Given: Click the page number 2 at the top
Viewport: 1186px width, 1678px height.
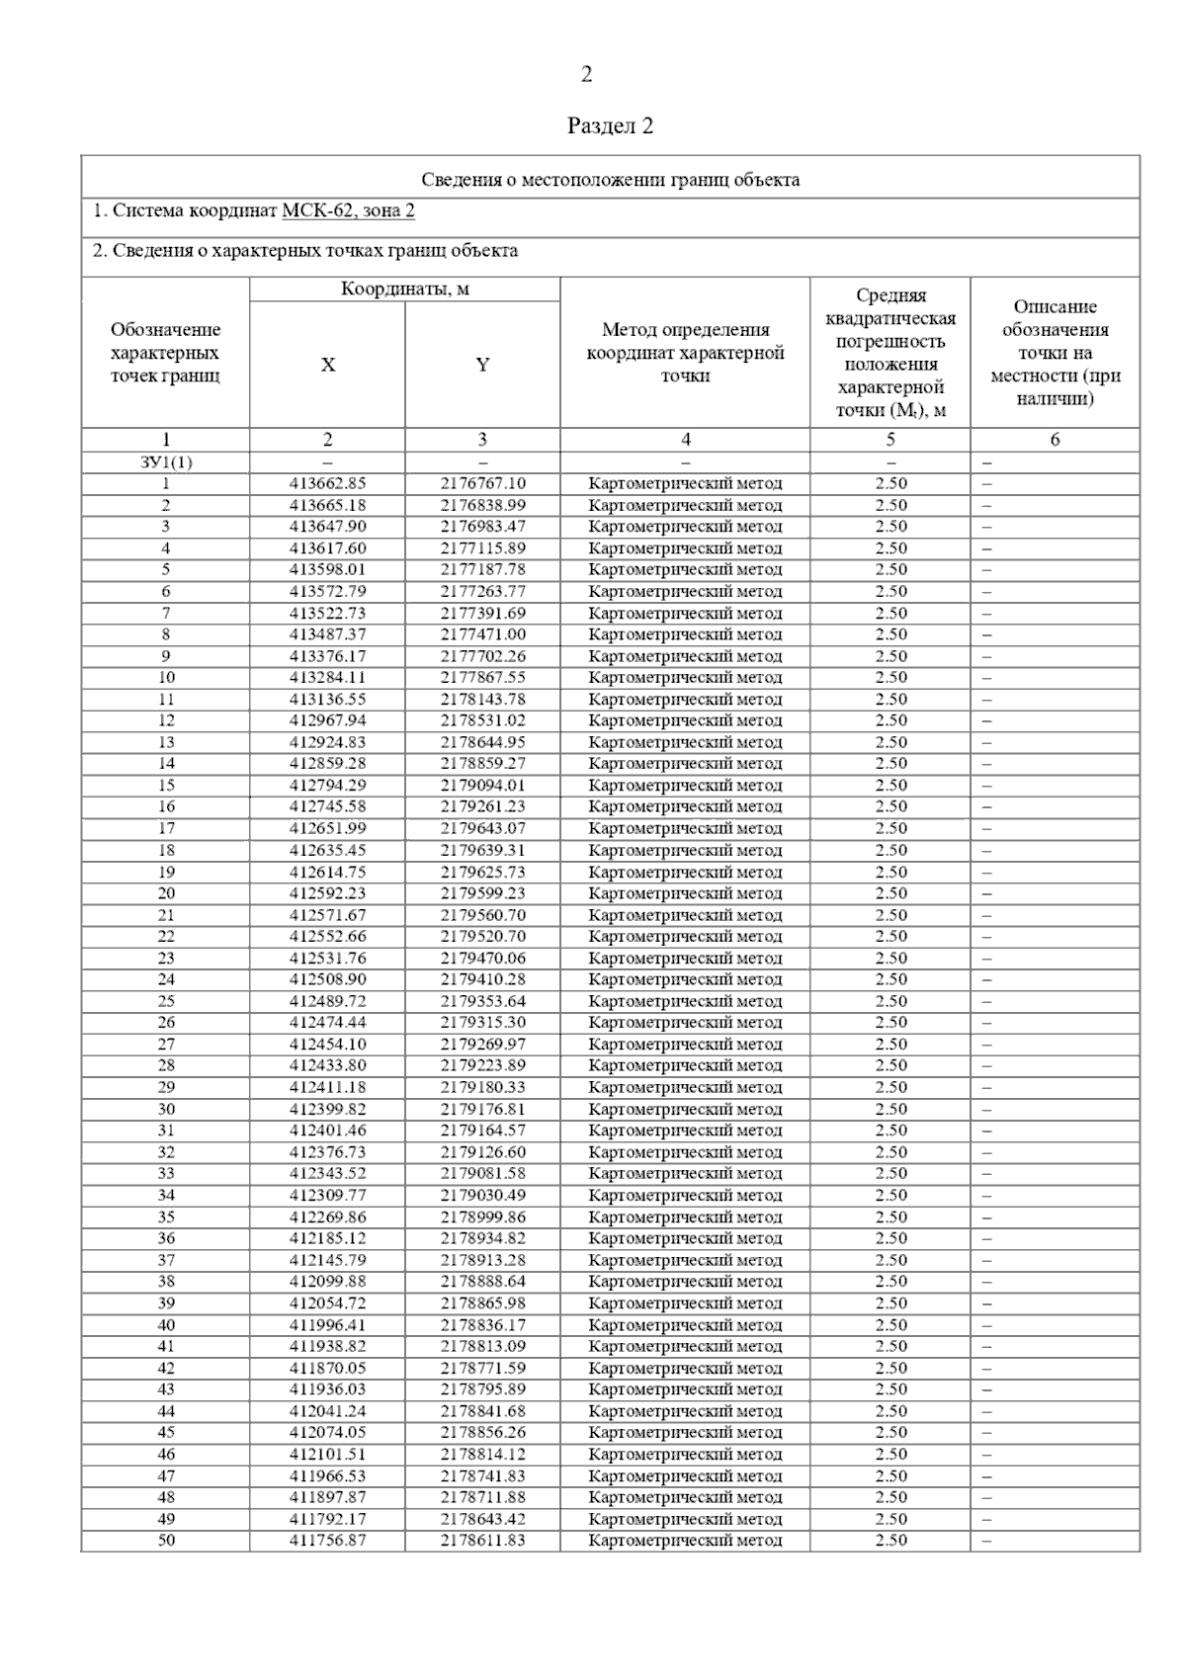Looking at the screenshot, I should click(x=586, y=74).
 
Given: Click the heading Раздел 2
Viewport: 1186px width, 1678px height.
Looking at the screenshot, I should click(x=610, y=126).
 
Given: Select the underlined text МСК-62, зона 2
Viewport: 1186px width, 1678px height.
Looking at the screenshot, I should click(x=348, y=210).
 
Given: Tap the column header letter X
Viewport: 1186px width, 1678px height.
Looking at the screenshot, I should click(x=327, y=365).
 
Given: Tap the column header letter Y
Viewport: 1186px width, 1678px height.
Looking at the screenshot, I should click(x=482, y=365).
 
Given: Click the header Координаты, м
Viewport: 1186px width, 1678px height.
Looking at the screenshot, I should click(x=404, y=290).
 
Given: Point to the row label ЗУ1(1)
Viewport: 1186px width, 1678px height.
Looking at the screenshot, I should click(x=165, y=462).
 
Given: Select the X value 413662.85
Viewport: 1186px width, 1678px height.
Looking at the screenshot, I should click(x=327, y=484).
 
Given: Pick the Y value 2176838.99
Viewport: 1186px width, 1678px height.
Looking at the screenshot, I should click(x=482, y=505).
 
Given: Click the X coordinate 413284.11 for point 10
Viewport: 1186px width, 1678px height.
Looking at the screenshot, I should click(x=327, y=678).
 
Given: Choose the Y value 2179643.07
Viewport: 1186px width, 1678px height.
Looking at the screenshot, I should click(x=482, y=828).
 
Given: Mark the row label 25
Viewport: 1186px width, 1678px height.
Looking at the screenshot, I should click(x=165, y=1001).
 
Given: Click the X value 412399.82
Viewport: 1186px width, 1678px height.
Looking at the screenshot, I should click(x=327, y=1109).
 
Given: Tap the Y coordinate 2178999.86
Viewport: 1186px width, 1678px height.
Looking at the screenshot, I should click(x=482, y=1217).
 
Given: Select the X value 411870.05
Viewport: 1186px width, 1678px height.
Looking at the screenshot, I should click(x=327, y=1368).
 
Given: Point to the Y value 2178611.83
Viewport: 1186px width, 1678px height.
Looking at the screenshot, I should click(x=482, y=1540).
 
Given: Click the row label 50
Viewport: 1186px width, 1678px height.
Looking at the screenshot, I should click(x=165, y=1540).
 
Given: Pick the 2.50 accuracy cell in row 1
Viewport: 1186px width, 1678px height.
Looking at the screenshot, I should click(x=890, y=484).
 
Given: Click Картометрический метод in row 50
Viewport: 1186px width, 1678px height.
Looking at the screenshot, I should click(x=685, y=1540).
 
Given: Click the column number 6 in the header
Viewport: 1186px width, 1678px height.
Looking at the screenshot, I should click(x=1055, y=440).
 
